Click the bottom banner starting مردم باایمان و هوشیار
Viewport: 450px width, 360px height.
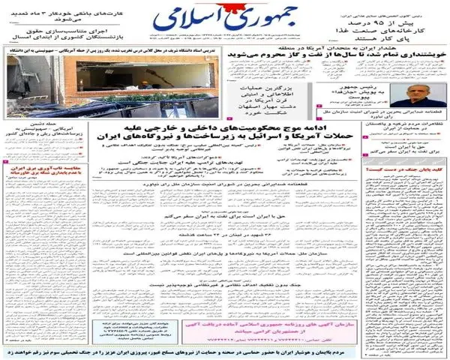pos(225,350)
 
